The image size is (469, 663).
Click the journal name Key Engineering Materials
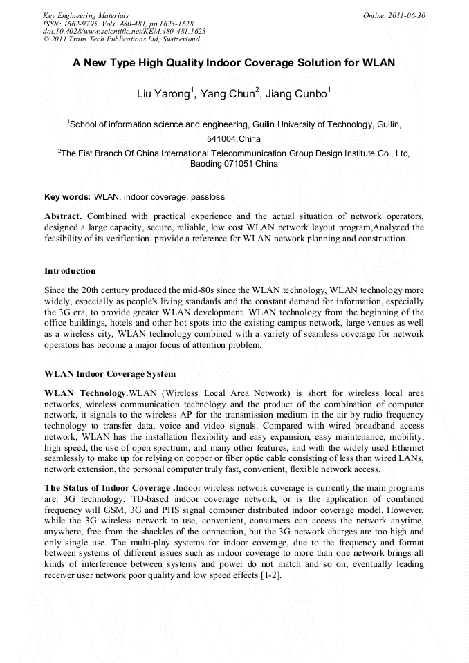[85, 15]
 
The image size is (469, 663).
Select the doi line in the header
[124, 31]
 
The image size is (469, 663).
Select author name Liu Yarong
[164, 94]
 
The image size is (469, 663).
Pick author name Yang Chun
[232, 94]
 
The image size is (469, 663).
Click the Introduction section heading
[70, 270]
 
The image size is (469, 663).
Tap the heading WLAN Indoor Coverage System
[110, 374]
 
